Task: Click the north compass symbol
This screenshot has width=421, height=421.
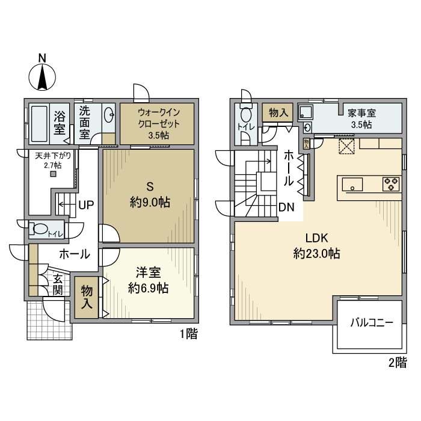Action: [42, 76]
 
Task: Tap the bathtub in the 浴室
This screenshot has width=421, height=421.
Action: [39, 124]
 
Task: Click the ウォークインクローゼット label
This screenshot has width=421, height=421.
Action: [158, 118]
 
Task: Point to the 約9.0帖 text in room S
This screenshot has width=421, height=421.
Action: [150, 202]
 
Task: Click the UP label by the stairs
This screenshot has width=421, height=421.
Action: [86, 205]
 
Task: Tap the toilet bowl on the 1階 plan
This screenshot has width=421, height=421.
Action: [39, 229]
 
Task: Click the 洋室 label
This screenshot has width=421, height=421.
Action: [148, 272]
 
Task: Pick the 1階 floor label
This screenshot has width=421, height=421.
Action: [188, 334]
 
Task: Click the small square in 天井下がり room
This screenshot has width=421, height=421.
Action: [54, 174]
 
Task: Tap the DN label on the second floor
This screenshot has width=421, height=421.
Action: [286, 207]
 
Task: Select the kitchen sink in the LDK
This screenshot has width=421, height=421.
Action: [352, 185]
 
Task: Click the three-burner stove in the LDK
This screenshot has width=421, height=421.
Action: [391, 184]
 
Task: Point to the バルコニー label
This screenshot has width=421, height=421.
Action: [372, 322]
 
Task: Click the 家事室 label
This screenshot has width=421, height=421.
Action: [361, 113]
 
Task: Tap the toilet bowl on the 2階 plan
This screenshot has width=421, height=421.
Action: [246, 115]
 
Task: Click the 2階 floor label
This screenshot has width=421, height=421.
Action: [398, 363]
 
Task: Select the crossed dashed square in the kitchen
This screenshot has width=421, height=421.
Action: [346, 146]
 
